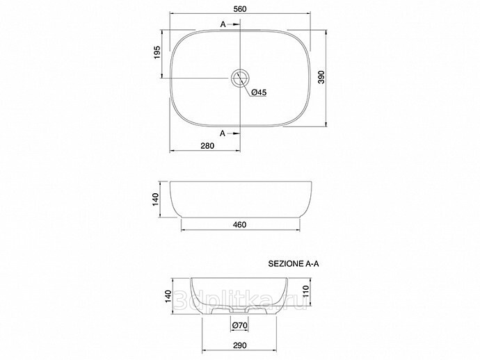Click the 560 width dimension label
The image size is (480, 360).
(x=240, y=9)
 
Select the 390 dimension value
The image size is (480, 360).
(x=321, y=77)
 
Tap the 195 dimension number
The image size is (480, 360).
(x=157, y=52)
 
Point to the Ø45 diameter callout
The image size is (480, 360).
(x=259, y=92)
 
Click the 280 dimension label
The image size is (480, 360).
(x=207, y=146)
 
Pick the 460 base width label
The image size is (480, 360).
(x=239, y=224)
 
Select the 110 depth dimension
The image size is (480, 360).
(x=306, y=292)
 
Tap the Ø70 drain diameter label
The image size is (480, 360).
(x=240, y=325)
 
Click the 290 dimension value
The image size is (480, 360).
(x=240, y=345)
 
